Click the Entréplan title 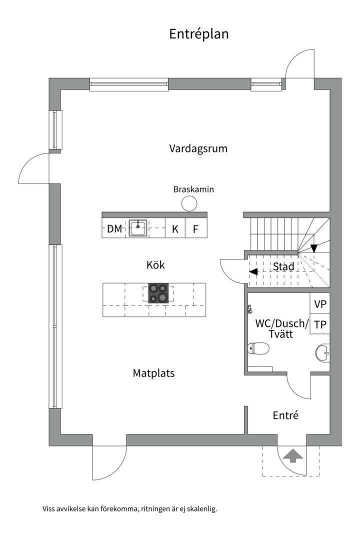(199, 34)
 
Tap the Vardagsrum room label (198, 149)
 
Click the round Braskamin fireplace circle (189, 203)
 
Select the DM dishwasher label (114, 229)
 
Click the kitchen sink (138, 227)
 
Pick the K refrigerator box (175, 227)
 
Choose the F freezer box (196, 227)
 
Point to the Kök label (155, 265)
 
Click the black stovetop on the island (158, 293)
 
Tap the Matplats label (153, 373)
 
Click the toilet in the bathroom (258, 348)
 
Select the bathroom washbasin (323, 353)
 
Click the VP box (320, 303)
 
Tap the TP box (320, 323)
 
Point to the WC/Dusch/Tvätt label (282, 328)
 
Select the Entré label (285, 415)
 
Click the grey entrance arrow (292, 455)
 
